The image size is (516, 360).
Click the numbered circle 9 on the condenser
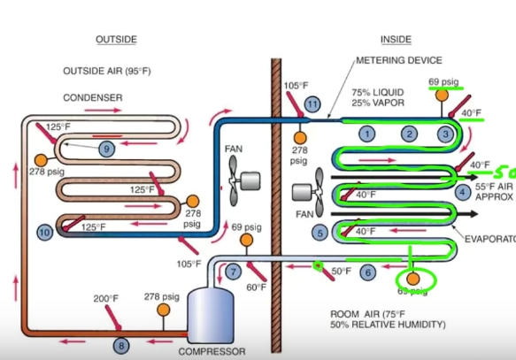coord(106,149)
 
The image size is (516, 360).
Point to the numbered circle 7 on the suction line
coord(234,272)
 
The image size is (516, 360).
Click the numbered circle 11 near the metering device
coord(312,104)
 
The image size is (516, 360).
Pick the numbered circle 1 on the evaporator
coord(365,133)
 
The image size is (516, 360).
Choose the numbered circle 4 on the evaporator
coord(463,192)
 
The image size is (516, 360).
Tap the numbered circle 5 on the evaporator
coord(320,232)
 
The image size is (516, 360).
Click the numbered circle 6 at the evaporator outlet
coord(368,272)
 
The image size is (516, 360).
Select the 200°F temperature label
coord(104,299)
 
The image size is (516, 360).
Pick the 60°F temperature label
coord(256,287)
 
